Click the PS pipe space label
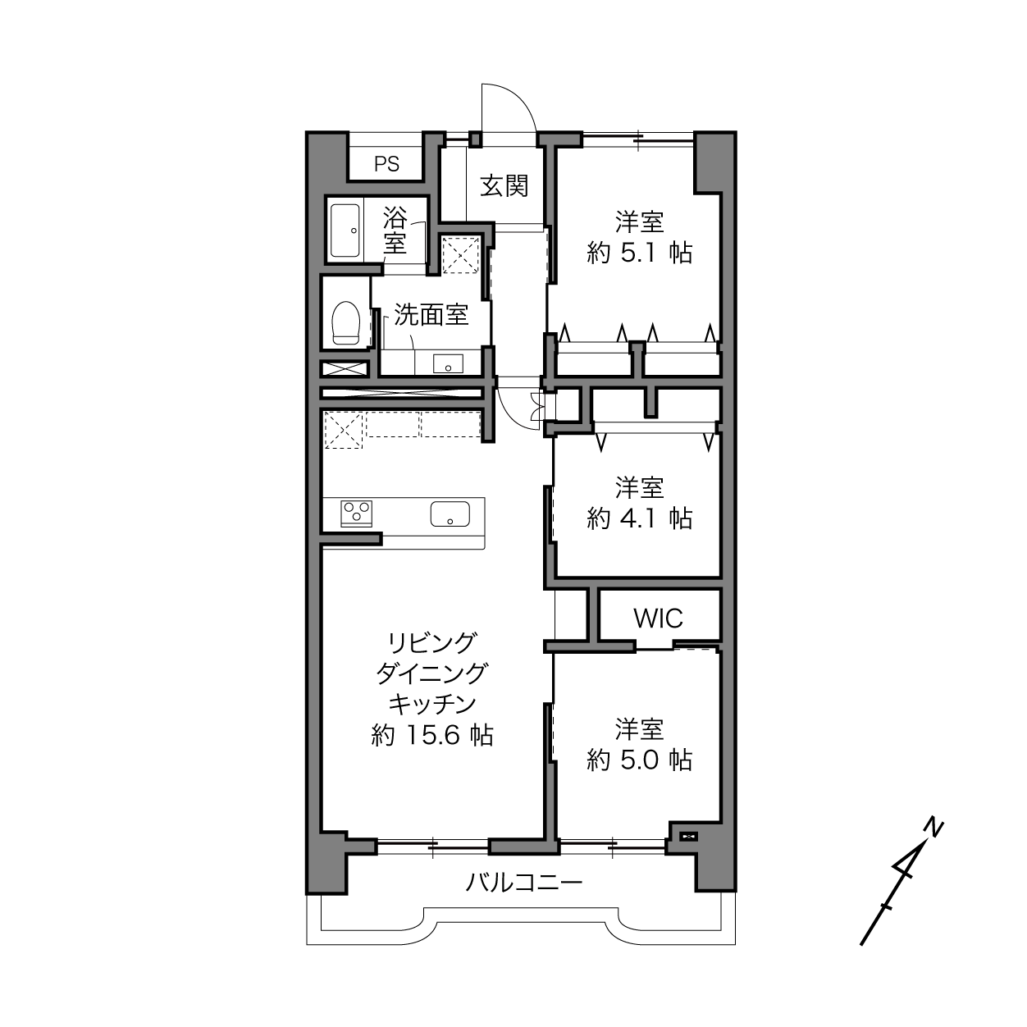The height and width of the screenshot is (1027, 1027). (386, 164)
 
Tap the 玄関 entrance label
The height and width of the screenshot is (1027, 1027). (504, 186)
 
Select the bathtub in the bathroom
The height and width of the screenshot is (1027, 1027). (345, 231)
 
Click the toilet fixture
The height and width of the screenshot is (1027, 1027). (345, 323)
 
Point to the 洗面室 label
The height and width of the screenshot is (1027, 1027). (431, 315)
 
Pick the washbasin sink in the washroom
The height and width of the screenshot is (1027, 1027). (448, 364)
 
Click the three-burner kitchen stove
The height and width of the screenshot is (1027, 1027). (357, 513)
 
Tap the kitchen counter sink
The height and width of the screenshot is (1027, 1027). (450, 513)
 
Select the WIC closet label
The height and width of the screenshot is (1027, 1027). (658, 618)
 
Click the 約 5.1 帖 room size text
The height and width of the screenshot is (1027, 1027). (640, 253)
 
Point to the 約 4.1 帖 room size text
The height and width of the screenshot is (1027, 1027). (640, 518)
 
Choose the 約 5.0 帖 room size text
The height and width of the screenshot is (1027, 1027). (640, 760)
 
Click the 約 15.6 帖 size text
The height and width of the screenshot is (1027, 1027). (431, 736)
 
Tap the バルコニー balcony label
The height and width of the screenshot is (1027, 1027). (524, 883)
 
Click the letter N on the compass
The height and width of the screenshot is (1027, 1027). (933, 828)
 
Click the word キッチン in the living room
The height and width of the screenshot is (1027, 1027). (431, 705)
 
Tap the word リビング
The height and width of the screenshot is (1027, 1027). (431, 643)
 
